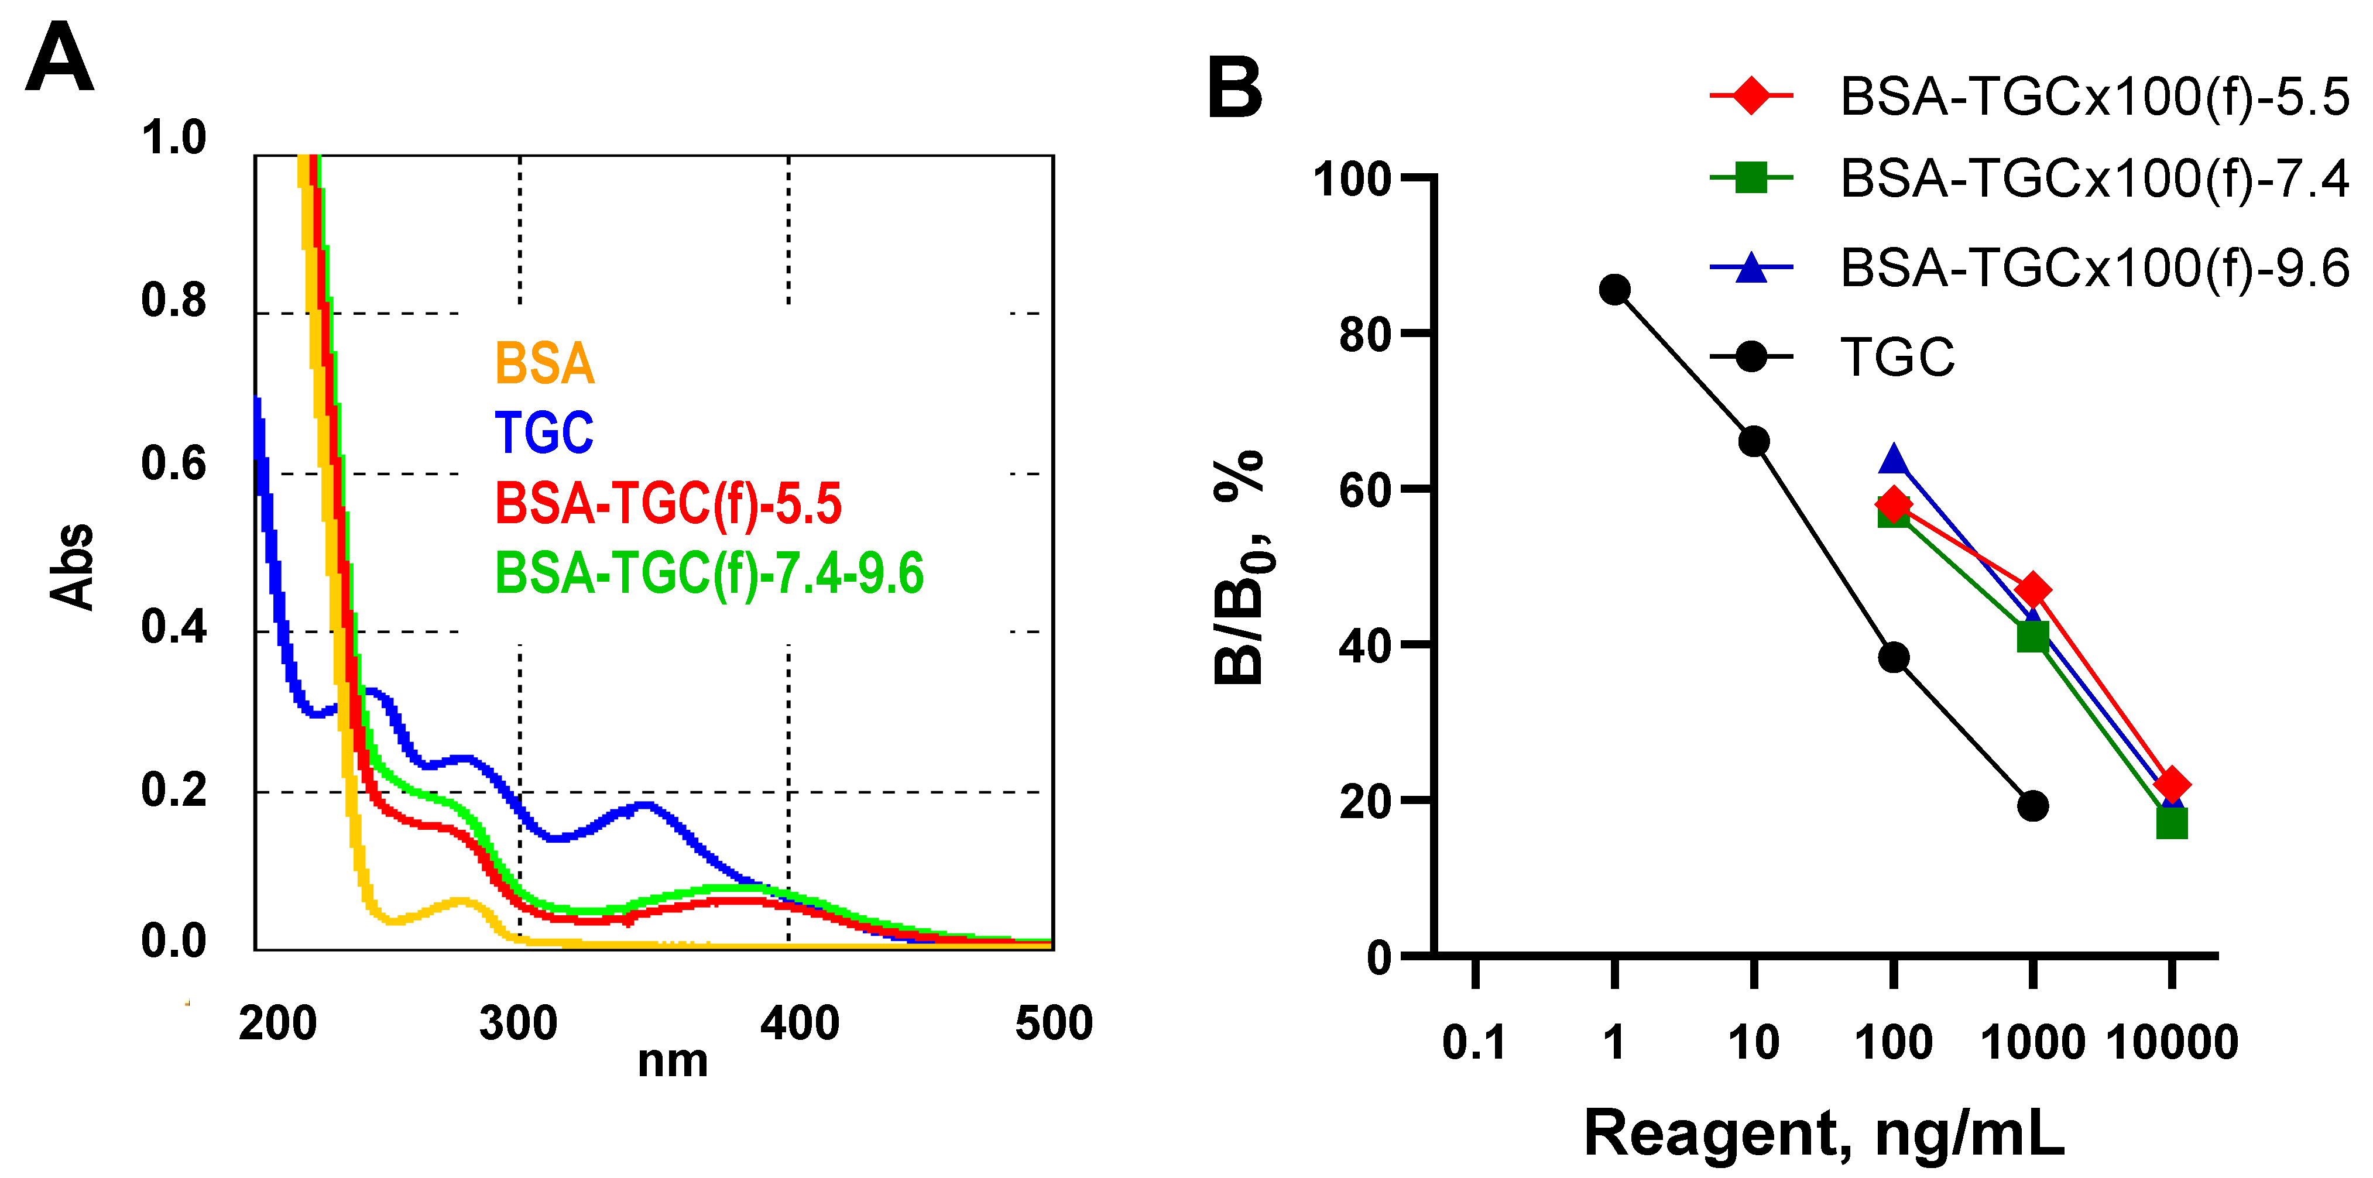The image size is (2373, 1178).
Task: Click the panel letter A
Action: tap(59, 58)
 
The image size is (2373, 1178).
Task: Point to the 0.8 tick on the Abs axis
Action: tap(173, 300)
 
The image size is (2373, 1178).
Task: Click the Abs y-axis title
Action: tap(72, 566)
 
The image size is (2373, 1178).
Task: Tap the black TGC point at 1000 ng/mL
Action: tap(2032, 806)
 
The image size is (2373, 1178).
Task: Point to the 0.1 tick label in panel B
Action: tap(1474, 1043)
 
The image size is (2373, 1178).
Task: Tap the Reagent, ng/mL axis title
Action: tap(1824, 1133)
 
